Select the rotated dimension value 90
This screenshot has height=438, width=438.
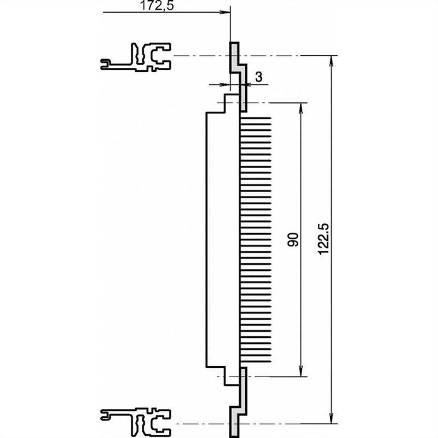tap(294, 239)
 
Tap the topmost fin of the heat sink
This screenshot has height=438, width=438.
tap(256, 117)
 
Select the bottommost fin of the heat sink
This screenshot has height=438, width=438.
tap(256, 362)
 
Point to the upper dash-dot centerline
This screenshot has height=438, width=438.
tap(285, 56)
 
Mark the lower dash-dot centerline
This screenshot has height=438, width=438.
tap(285, 423)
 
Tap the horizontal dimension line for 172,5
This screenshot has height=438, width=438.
tap(164, 13)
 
